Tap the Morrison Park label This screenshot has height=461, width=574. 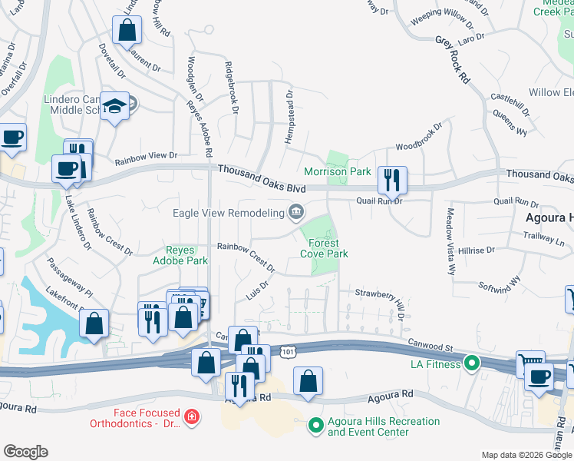click(338, 171)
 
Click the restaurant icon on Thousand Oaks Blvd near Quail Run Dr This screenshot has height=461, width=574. click(392, 181)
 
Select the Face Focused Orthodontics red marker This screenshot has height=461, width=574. click(192, 418)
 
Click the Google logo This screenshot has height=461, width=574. click(25, 452)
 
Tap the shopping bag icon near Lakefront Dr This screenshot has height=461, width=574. click(94, 323)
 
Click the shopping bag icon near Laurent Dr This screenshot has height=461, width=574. click(127, 32)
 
